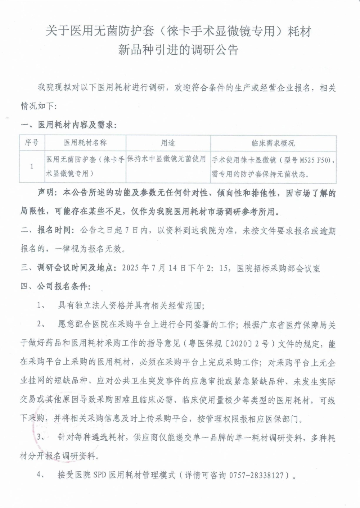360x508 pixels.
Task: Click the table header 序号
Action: tap(32, 142)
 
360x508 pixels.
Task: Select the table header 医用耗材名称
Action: tap(85, 142)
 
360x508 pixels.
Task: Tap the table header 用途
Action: tap(168, 142)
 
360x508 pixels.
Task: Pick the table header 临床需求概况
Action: tap(273, 143)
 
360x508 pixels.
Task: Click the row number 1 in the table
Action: tap(32, 166)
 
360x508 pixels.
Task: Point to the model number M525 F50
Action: tap(315, 160)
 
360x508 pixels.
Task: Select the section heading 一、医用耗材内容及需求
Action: tap(69, 125)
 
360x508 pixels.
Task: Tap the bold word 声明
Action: tap(46, 193)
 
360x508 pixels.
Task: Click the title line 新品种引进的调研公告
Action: tap(179, 50)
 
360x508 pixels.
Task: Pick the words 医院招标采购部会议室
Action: tap(278, 268)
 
